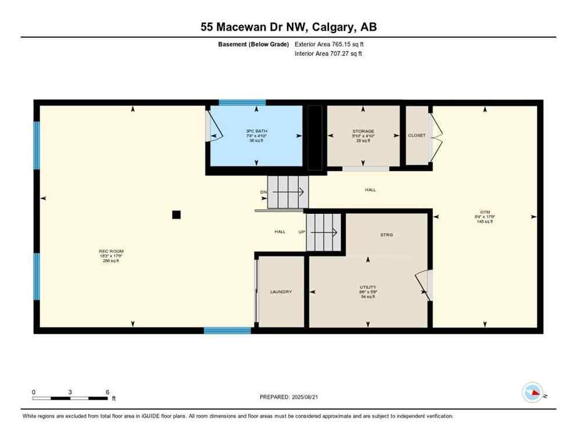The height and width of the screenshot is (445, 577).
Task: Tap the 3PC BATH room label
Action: click(255, 131)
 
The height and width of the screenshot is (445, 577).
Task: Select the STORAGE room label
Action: click(363, 132)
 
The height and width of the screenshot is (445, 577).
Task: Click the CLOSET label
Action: click(416, 136)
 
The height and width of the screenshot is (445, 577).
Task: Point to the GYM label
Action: click(484, 213)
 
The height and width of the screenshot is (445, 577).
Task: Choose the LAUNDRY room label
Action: click(281, 291)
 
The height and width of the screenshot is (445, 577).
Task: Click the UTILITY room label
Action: click(367, 287)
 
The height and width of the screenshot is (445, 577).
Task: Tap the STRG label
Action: click(386, 235)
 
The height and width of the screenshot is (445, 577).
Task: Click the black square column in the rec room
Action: click(176, 214)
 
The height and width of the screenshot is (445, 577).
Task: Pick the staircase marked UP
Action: click(325, 232)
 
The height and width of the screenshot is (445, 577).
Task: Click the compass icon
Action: click(532, 392)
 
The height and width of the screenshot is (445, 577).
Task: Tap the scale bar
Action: click(70, 398)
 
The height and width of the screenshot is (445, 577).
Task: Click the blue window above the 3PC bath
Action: click(242, 103)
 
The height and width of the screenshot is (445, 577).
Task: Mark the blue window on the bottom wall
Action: click(227, 330)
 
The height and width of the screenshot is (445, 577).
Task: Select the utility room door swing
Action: click(424, 284)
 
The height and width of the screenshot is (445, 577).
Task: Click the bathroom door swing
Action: click(212, 129)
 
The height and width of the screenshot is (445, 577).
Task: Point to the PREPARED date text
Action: click(289, 397)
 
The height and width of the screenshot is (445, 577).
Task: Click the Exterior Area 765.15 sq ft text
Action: click(329, 43)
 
